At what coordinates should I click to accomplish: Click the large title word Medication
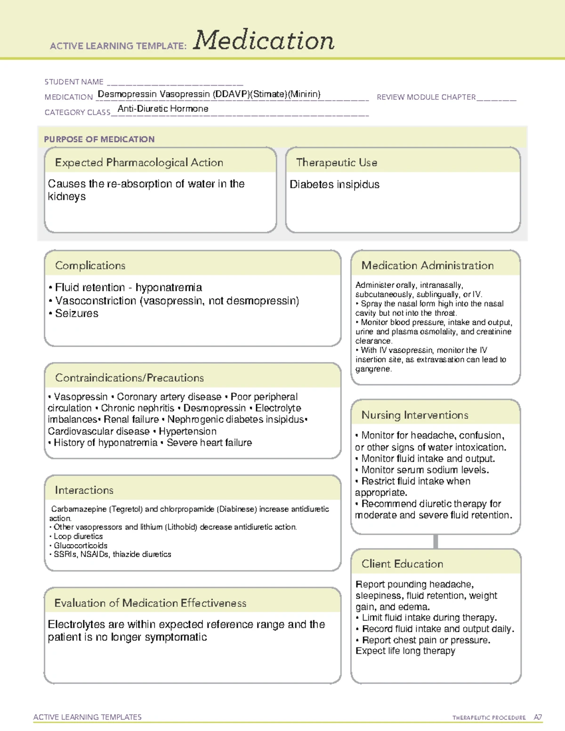(x=264, y=40)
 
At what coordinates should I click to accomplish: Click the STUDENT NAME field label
(x=74, y=82)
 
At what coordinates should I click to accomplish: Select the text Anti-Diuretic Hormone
(x=163, y=109)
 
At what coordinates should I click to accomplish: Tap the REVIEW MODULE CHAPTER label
(x=426, y=97)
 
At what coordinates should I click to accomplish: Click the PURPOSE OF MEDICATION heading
(x=99, y=139)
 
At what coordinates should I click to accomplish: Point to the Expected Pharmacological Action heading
(x=139, y=162)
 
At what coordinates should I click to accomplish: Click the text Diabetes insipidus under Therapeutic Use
(x=334, y=185)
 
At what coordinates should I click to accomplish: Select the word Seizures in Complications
(x=77, y=313)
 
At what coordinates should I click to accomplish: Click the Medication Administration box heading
(x=428, y=265)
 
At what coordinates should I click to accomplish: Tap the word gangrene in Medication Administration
(x=373, y=369)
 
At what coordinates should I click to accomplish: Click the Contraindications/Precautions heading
(x=129, y=378)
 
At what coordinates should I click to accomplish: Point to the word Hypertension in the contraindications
(x=187, y=431)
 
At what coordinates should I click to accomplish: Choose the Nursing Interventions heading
(x=415, y=415)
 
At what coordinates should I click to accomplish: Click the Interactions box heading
(x=84, y=490)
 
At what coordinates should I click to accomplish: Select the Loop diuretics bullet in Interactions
(x=78, y=536)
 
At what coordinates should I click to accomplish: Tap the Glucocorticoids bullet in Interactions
(x=81, y=546)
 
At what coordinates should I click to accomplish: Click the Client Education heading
(x=402, y=564)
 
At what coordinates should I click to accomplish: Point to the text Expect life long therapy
(x=405, y=651)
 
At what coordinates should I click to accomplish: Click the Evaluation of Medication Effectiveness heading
(x=150, y=603)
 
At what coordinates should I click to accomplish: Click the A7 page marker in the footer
(x=537, y=717)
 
